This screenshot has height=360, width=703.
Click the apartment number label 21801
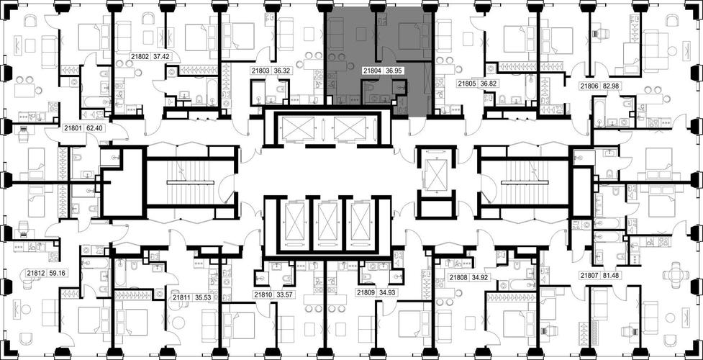click(73, 128)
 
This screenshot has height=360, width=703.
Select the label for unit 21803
click(260, 71)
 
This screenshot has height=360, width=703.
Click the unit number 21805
click(466, 83)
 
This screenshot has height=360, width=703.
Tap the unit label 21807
click(589, 275)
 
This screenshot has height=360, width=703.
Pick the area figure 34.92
click(480, 278)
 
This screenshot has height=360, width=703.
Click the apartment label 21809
click(366, 292)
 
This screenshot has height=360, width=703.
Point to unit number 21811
click(181, 297)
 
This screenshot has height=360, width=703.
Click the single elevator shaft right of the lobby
click(434, 174)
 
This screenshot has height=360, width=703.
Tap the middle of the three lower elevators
click(327, 222)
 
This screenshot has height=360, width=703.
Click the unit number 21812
click(35, 272)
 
